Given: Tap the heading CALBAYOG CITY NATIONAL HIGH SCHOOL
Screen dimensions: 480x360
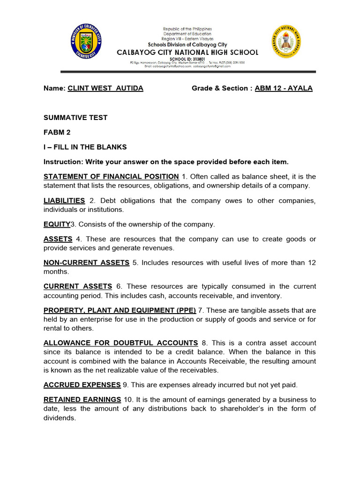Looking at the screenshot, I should point(187,52).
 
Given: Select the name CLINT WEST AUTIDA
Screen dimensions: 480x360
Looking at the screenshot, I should point(105,88).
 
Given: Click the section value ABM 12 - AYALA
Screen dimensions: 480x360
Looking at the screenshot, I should point(284,88).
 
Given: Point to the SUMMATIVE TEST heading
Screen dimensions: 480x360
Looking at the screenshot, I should point(75,118).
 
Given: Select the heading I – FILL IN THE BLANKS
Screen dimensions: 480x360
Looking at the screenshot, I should point(85,147).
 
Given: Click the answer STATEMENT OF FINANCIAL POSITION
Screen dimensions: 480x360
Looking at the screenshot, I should point(111,176).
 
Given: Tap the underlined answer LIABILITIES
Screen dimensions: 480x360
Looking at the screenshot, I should point(64,201).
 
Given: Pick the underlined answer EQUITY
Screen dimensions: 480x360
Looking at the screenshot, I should point(57,225).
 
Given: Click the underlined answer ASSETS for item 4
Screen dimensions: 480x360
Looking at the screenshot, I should point(58,239).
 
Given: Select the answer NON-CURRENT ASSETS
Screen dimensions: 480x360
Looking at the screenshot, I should point(86,263).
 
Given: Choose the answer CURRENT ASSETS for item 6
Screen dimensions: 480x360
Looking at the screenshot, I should point(78,286).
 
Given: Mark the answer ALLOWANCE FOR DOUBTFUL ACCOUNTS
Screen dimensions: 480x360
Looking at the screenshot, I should point(120,343).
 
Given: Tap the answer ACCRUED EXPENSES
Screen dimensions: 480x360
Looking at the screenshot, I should point(82,385).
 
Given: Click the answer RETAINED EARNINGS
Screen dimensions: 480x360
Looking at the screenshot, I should point(82,399).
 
